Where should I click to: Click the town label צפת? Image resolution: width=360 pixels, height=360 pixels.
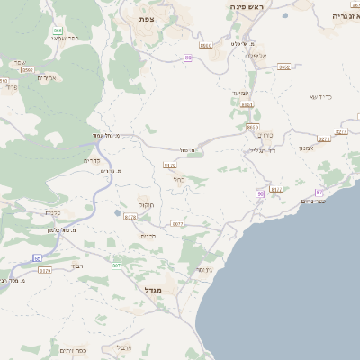(148, 18)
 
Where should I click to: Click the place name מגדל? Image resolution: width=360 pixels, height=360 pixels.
(156, 290)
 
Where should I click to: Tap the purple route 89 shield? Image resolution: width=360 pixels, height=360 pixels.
(188, 58)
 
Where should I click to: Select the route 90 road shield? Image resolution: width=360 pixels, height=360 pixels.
(261, 193)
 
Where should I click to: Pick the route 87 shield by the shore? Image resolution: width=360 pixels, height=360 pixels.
(318, 193)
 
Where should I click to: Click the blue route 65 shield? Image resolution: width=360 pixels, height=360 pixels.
(38, 257)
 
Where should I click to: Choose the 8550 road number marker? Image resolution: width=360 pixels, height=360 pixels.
(206, 45)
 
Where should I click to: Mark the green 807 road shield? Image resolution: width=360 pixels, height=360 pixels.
(116, 265)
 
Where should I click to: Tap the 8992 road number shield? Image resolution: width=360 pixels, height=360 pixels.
(283, 67)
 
